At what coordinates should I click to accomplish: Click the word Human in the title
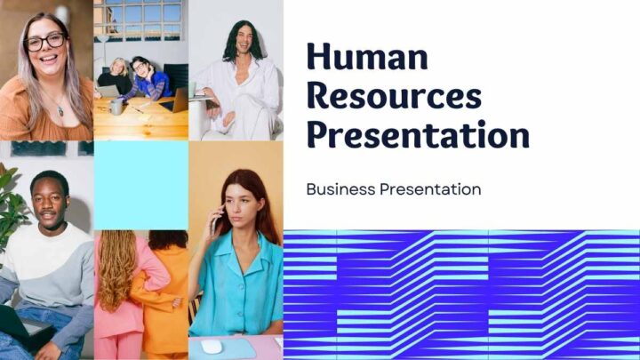[x=367, y=56]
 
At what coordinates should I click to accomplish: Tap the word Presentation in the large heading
[x=418, y=135]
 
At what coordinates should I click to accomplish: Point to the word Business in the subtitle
[x=340, y=189]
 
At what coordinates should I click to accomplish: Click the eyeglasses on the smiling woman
[x=45, y=42]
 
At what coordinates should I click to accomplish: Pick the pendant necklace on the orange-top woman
[x=60, y=110]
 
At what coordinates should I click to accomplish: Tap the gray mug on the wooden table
[x=116, y=107]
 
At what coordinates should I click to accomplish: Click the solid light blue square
[x=141, y=185]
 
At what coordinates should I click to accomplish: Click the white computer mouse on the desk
[x=212, y=347]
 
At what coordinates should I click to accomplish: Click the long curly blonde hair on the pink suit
[x=116, y=269]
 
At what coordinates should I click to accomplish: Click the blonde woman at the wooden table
[x=116, y=76]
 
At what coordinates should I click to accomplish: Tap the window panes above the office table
[x=139, y=20]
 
